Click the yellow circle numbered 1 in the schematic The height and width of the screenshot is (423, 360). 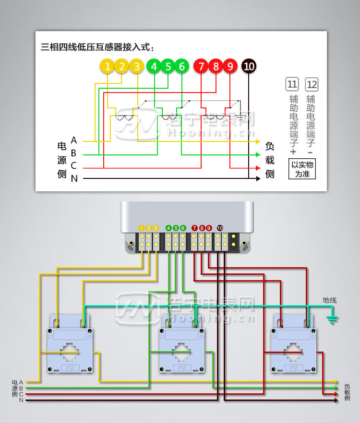(x=108, y=67)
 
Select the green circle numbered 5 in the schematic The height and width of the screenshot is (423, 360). (x=168, y=67)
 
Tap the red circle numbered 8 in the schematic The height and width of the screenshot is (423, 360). (x=216, y=67)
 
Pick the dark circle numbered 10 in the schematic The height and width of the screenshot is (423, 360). (x=249, y=67)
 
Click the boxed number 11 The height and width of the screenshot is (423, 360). (x=292, y=85)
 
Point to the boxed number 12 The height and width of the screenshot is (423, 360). (x=312, y=85)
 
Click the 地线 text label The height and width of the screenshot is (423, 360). (x=330, y=300)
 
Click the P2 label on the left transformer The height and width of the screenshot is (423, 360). (x=70, y=368)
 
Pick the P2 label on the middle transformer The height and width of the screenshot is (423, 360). (x=182, y=368)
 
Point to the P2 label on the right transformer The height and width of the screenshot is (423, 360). (x=294, y=368)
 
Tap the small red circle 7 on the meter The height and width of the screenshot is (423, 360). (x=194, y=228)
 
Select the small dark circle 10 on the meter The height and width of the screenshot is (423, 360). (x=220, y=228)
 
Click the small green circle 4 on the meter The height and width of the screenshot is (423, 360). (x=168, y=228)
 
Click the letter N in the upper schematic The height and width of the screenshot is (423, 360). (x=74, y=178)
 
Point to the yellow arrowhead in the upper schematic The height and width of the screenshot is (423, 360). (x=258, y=142)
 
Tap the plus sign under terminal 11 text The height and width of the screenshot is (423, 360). (x=293, y=152)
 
